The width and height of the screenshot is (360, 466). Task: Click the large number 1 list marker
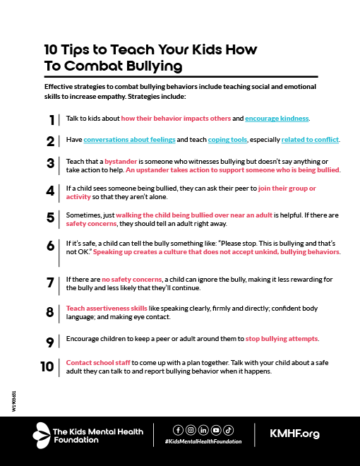pos(52,119)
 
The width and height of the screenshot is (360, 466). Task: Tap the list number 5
pos(50,217)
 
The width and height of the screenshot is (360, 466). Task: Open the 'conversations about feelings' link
pos(130,140)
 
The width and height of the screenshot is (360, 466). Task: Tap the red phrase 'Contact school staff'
pos(97,362)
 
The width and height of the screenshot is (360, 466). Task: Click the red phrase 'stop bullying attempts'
pos(282,338)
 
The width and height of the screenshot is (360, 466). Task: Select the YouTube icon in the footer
pos(215,429)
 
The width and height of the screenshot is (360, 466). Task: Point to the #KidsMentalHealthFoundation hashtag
pos(203,441)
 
